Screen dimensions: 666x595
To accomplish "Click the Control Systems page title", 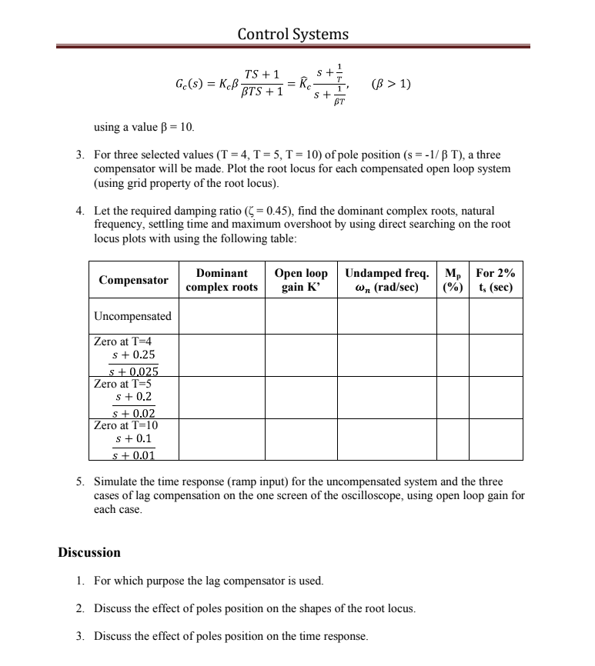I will [x=292, y=34].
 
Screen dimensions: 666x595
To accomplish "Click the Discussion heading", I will [x=89, y=552].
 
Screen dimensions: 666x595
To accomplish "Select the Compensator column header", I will [x=133, y=280].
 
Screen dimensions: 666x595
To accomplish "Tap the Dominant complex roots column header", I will [x=222, y=280].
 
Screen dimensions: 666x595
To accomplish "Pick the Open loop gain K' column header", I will [x=301, y=280].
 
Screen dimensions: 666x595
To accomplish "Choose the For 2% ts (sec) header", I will [x=495, y=280].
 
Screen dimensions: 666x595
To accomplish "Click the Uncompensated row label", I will [x=132, y=316].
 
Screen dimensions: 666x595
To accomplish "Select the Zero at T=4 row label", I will [x=124, y=341].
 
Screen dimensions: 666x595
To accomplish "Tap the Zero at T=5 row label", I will [x=124, y=383].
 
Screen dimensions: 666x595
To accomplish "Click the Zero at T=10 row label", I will [x=126, y=425].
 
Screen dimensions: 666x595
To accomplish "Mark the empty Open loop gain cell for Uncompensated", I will [x=301, y=316].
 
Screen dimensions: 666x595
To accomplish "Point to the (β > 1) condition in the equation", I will [x=391, y=84].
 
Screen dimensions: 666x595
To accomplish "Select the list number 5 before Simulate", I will [x=79, y=482].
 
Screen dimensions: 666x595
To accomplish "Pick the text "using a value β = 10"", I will [x=144, y=126].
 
